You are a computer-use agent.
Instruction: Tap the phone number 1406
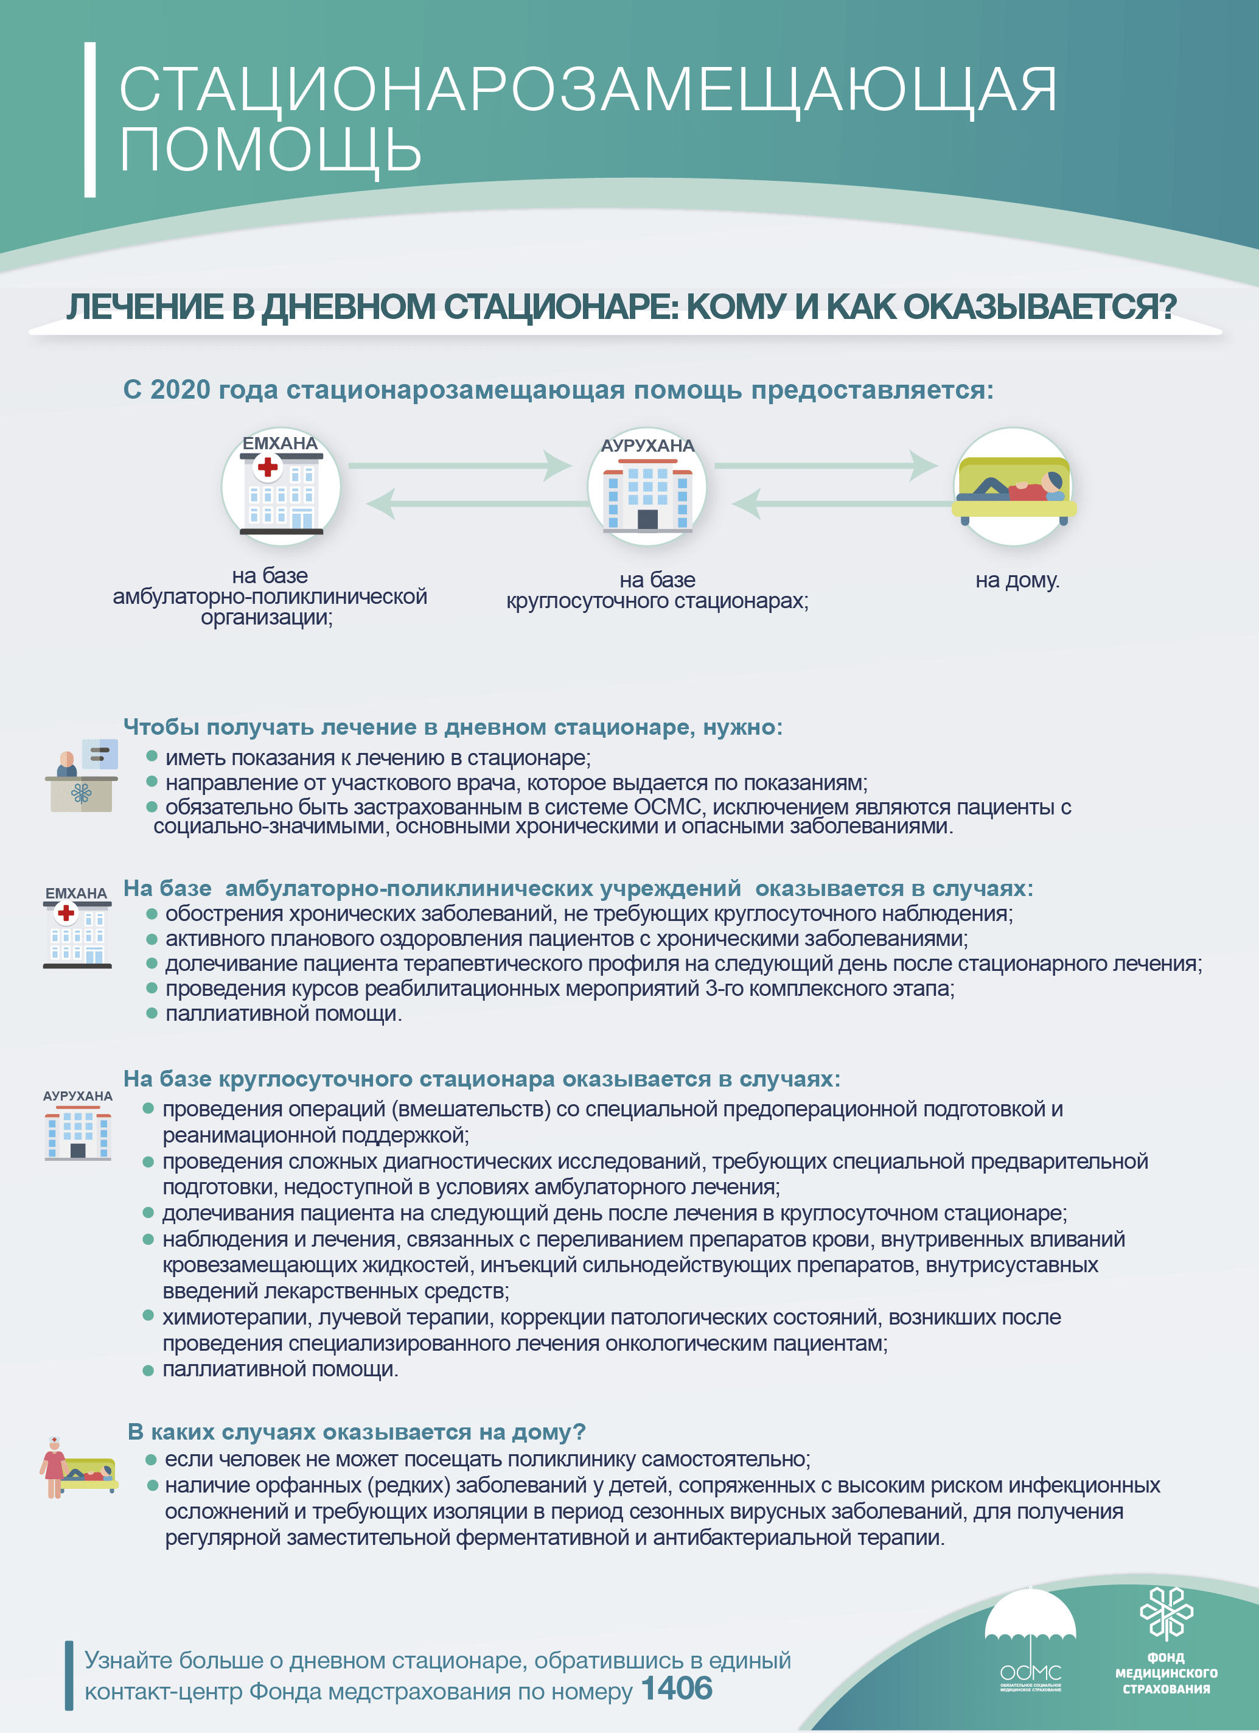tap(677, 1688)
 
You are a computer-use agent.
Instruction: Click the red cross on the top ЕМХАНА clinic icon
tap(267, 466)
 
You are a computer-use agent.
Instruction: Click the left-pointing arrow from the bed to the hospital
tap(840, 503)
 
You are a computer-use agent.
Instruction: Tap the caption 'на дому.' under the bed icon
tap(1017, 580)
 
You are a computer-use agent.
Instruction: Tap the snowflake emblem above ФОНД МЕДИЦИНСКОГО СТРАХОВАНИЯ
tap(1166, 1612)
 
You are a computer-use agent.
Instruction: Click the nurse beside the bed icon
tap(54, 1466)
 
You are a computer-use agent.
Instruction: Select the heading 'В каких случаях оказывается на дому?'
tap(356, 1431)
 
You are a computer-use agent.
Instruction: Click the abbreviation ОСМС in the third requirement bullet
tap(667, 807)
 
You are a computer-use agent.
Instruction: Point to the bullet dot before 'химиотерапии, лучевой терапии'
tap(148, 1315)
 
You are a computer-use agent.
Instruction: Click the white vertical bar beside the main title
tap(90, 120)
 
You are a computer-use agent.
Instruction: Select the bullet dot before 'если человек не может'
tap(152, 1460)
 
